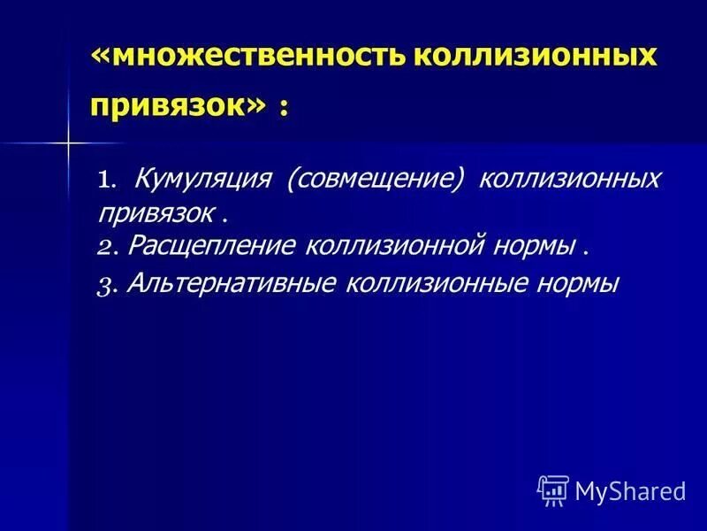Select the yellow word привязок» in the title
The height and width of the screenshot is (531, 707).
177,105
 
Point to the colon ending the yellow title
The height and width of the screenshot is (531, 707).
283,108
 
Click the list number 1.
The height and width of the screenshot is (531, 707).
106,181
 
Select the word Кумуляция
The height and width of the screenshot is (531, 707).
201,180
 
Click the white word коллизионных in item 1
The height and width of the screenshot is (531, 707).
557,180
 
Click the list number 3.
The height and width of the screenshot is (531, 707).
106,285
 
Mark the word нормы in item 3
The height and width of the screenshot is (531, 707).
578,283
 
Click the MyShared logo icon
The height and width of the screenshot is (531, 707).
552,489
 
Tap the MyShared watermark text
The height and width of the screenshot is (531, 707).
630,489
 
